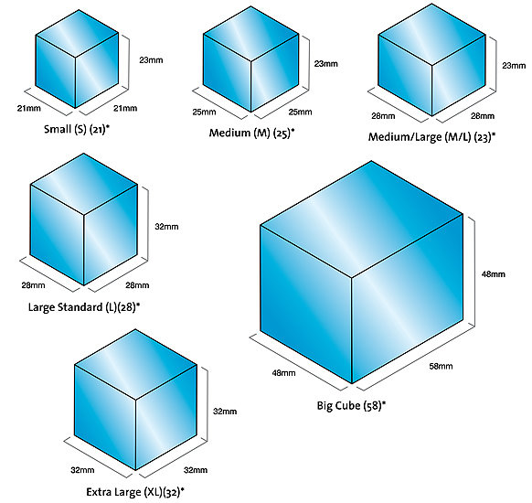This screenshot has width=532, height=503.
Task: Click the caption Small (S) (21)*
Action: point(77,129)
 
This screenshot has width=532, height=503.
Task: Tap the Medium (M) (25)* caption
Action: point(251,133)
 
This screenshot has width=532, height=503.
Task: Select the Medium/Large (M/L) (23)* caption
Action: point(432,137)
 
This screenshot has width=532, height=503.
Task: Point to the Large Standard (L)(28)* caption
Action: point(84,307)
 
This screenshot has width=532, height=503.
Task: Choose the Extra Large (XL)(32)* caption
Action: point(135,492)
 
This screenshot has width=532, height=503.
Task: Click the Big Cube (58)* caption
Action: point(351,405)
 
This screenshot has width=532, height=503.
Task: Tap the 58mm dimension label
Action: point(441,366)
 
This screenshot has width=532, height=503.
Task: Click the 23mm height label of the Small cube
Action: point(151,60)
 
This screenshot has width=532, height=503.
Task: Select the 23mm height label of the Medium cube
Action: point(325,64)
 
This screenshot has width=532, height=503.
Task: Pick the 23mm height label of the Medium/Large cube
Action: point(514,66)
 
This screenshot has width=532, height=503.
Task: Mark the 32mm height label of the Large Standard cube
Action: point(166,227)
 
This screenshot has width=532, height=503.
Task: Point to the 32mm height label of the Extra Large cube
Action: point(225,412)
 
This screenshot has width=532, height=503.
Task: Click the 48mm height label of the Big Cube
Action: point(494,273)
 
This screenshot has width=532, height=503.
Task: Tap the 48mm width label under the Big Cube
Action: point(283,373)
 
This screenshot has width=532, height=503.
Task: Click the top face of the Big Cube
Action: point(362,219)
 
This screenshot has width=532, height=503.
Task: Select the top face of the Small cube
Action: point(77,34)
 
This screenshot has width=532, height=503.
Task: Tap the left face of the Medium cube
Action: point(227,73)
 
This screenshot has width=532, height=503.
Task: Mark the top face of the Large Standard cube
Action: point(84,184)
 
